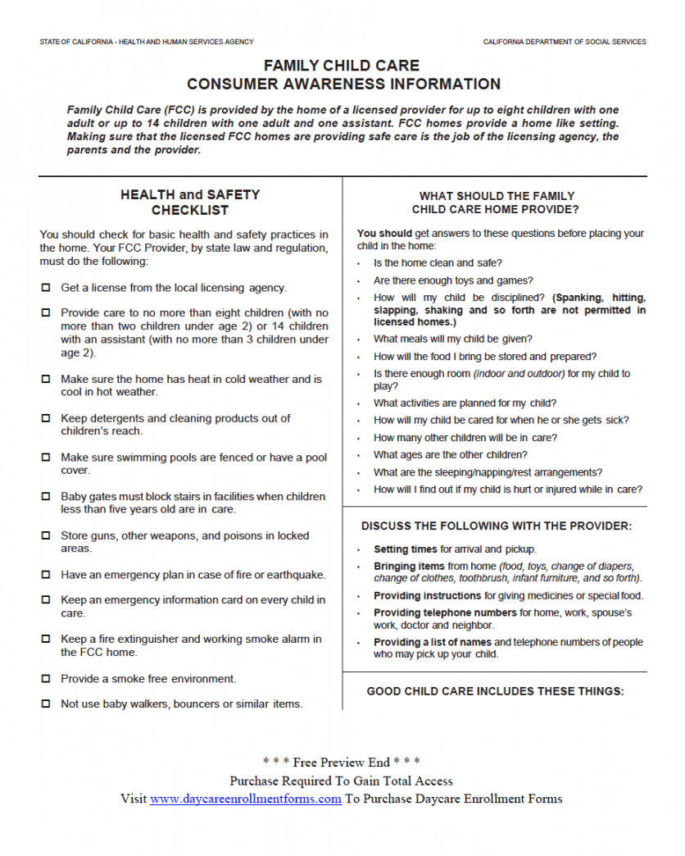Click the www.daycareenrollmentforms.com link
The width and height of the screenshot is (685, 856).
tap(245, 799)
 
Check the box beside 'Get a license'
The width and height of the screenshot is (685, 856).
tap(45, 288)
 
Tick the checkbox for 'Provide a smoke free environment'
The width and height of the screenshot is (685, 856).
tap(45, 679)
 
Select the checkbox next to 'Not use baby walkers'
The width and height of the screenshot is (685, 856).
tap(45, 703)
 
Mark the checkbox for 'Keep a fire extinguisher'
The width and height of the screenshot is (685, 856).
tap(45, 640)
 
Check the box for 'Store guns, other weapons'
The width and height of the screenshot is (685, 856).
tap(45, 535)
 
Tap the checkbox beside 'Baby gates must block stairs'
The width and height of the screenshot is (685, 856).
tap(45, 497)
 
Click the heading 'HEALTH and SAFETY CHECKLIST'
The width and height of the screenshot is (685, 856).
tap(190, 203)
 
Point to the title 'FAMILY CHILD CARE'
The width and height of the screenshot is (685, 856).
tap(342, 66)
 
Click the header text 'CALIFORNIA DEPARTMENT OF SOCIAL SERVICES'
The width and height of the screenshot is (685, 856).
tap(564, 42)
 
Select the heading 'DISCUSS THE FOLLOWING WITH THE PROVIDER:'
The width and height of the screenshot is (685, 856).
tap(497, 526)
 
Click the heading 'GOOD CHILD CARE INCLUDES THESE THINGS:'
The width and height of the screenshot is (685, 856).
tap(495, 691)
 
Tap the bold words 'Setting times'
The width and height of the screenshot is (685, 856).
tap(406, 549)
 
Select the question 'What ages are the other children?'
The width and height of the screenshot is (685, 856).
tap(450, 455)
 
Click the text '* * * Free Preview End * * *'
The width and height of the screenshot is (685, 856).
tap(342, 763)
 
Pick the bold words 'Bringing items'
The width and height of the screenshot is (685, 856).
tap(409, 567)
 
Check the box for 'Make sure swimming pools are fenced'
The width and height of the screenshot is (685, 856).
tap(45, 458)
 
